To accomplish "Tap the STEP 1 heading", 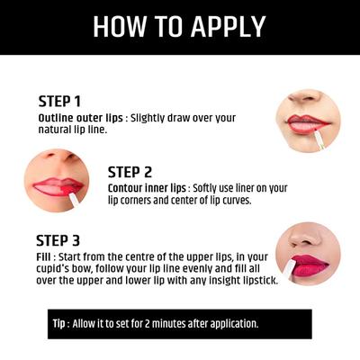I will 59,101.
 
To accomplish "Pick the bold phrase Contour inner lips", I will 148,188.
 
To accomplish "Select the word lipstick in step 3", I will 256,283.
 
